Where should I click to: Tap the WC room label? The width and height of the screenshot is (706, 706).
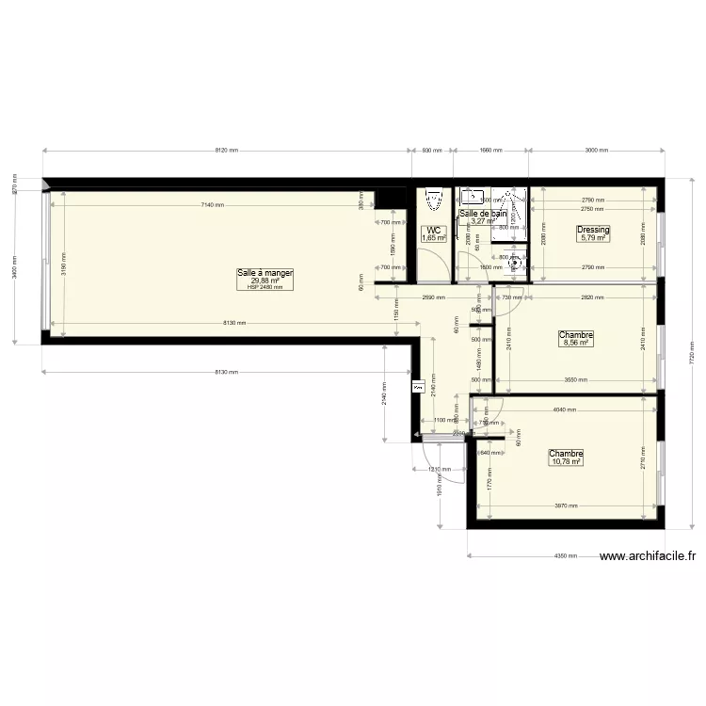tap(433, 231)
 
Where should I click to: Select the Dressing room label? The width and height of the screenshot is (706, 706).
tap(594, 230)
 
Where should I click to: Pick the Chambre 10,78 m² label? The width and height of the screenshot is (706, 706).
tap(566, 454)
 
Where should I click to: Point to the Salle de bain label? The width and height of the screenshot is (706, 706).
tap(483, 215)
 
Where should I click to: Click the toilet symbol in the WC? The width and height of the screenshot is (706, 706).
tap(433, 200)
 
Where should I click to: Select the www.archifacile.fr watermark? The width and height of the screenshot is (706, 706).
tap(648, 556)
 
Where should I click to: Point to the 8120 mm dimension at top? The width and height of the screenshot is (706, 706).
tap(227, 151)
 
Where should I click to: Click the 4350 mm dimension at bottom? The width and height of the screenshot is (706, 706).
tap(566, 556)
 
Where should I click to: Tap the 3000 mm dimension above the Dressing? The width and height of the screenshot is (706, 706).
tap(595, 151)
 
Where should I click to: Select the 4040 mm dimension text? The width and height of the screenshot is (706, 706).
tap(564, 409)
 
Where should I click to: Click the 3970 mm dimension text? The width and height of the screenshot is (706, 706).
tap(565, 506)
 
